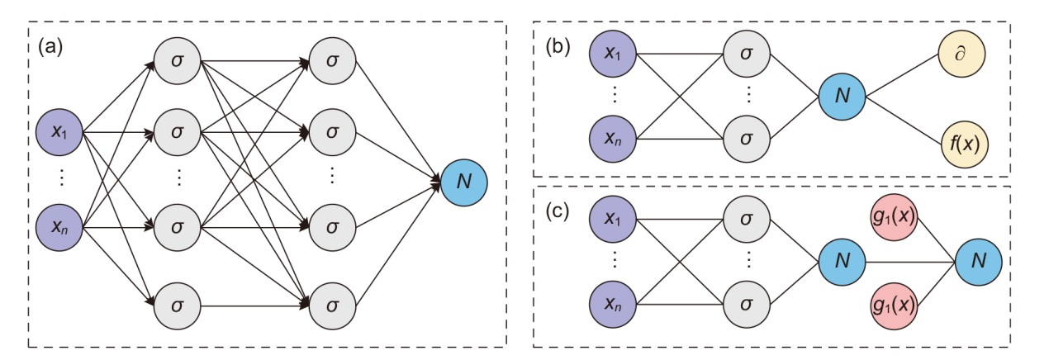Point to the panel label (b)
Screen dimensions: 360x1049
pyautogui.click(x=559, y=47)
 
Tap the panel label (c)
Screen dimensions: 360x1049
pyautogui.click(x=559, y=212)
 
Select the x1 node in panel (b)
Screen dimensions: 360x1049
pyautogui.click(x=612, y=54)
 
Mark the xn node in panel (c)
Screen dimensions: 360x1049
pyautogui.click(x=612, y=305)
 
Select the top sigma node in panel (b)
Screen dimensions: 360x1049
pyautogui.click(x=747, y=54)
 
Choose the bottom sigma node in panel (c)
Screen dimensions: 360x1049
pyautogui.click(x=747, y=305)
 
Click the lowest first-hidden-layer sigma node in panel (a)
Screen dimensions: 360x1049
pyautogui.click(x=177, y=305)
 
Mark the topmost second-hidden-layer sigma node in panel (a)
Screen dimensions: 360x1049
pyautogui.click(x=332, y=62)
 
